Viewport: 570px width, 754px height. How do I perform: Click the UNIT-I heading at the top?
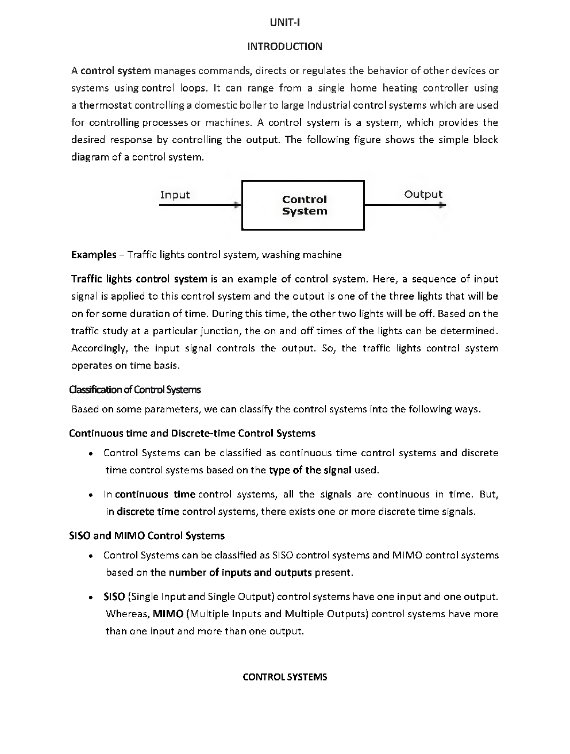click(284, 22)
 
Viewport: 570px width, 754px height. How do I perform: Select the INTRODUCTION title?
click(284, 47)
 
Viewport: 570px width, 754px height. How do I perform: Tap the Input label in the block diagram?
click(175, 195)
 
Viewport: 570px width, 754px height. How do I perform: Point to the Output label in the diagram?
click(423, 194)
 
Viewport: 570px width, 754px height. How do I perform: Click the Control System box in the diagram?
click(303, 205)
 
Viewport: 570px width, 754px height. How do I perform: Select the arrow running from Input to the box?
click(200, 205)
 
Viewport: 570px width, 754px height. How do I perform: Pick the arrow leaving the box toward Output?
click(405, 205)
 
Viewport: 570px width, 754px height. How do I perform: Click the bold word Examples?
click(94, 255)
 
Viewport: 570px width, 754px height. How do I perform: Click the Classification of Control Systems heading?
click(135, 390)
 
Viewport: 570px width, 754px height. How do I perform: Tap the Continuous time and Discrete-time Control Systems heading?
click(192, 434)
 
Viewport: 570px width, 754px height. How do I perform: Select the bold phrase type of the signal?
click(310, 470)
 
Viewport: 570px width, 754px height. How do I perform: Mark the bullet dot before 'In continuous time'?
click(91, 495)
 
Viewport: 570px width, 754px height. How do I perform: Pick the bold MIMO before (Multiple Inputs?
click(168, 614)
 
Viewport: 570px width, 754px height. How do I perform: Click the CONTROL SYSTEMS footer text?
click(284, 677)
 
